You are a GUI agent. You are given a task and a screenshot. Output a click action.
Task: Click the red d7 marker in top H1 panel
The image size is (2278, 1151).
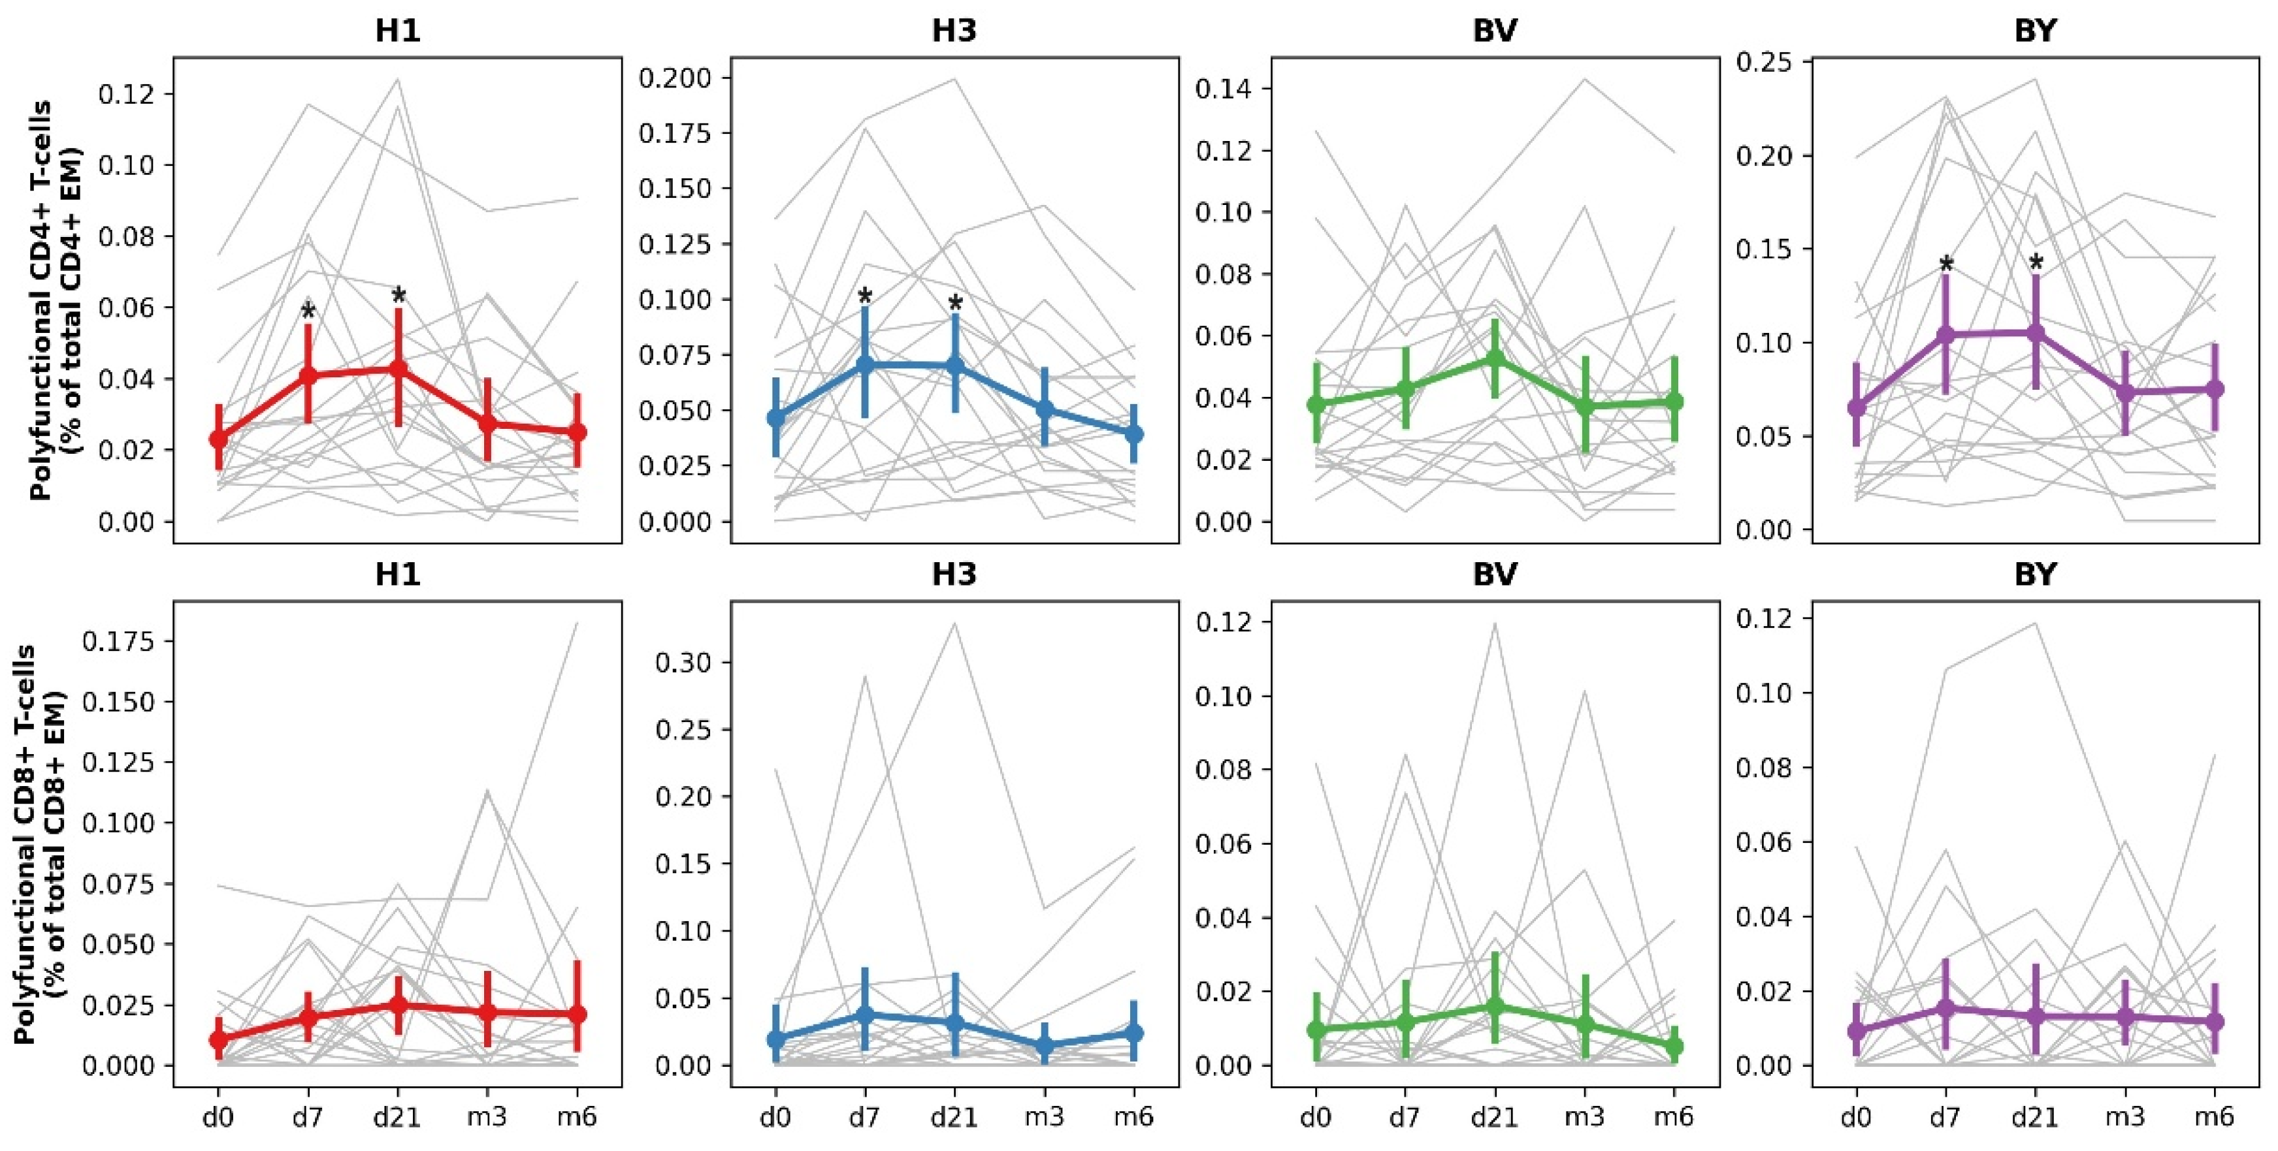tap(308, 375)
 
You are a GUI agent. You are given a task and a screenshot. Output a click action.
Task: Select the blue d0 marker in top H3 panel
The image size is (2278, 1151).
tap(775, 418)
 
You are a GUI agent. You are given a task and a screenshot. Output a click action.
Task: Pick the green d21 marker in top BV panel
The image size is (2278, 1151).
tap(1495, 358)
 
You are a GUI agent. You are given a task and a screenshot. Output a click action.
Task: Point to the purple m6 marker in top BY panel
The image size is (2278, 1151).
tap(2215, 389)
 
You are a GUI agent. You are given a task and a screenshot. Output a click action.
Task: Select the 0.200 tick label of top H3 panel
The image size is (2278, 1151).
tap(675, 79)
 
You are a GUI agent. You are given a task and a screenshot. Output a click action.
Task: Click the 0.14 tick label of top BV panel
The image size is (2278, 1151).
tap(1224, 89)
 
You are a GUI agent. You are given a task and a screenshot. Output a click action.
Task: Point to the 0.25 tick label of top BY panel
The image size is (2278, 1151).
tap(1765, 63)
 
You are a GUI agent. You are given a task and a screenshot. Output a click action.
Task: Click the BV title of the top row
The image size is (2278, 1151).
tap(1495, 31)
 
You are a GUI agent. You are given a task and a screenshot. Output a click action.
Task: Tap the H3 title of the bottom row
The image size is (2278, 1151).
tap(954, 575)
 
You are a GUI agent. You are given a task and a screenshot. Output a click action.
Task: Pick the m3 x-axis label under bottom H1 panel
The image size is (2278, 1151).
tap(487, 1118)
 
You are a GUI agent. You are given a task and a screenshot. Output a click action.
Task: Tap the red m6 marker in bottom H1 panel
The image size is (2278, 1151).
tap(577, 1015)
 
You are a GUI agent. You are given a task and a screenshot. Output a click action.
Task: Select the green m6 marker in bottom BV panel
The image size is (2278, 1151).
tap(1674, 1047)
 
